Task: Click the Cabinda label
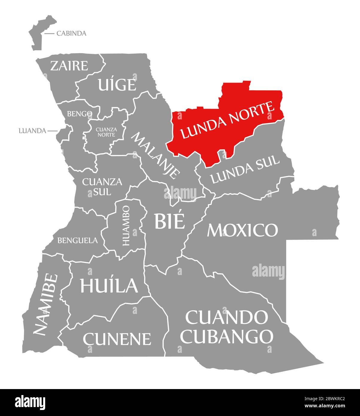[x=71, y=33]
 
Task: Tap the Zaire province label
[x=69, y=66]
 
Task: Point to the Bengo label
[x=79, y=114]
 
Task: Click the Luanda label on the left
[x=32, y=131]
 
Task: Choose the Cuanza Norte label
[x=106, y=132]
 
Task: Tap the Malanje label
[x=156, y=155]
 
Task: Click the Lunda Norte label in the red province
[x=227, y=120]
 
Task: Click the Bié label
[x=169, y=221]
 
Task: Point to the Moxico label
[x=242, y=230]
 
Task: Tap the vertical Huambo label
[x=126, y=225]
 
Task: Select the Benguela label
[x=78, y=240]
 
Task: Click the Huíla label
[x=109, y=285]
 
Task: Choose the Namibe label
[x=45, y=304]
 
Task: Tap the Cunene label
[x=117, y=338]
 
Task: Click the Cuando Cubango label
[x=227, y=327]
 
